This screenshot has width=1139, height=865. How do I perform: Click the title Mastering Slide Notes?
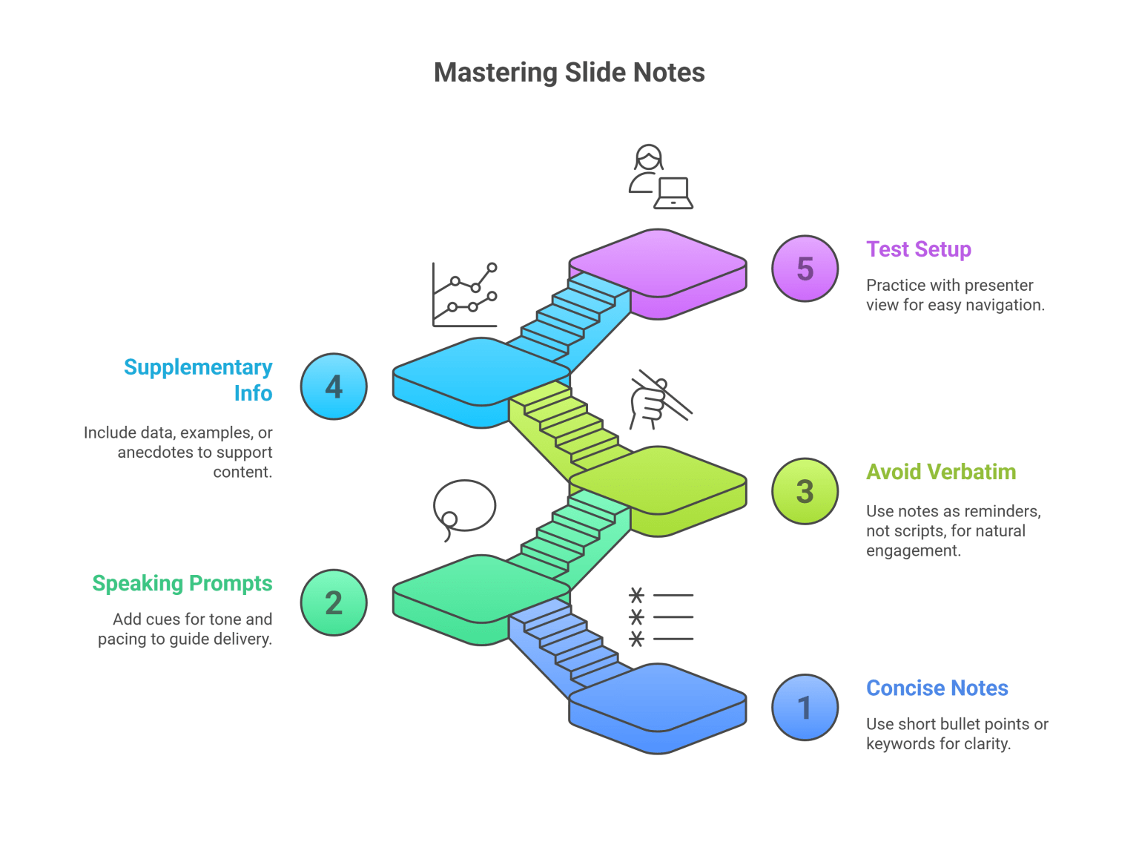[x=569, y=73]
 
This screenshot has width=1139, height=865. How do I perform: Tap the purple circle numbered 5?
[x=805, y=269]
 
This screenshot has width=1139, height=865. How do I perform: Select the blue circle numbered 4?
[x=334, y=387]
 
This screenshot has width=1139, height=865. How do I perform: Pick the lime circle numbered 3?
[x=805, y=491]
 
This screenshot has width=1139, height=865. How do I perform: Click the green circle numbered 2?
[x=334, y=602]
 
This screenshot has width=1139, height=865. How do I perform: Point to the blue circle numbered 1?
[x=805, y=708]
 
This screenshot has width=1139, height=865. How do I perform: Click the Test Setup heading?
[x=918, y=249]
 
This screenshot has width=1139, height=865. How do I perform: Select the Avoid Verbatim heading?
[x=940, y=472]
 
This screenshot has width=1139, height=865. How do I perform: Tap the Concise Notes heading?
[x=937, y=688]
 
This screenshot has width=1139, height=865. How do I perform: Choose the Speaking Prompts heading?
[x=182, y=584]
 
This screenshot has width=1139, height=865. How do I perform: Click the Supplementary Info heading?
[x=198, y=380]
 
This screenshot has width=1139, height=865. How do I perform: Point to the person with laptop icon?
[x=660, y=178]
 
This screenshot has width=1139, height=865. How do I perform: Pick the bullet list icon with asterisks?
[x=661, y=617]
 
